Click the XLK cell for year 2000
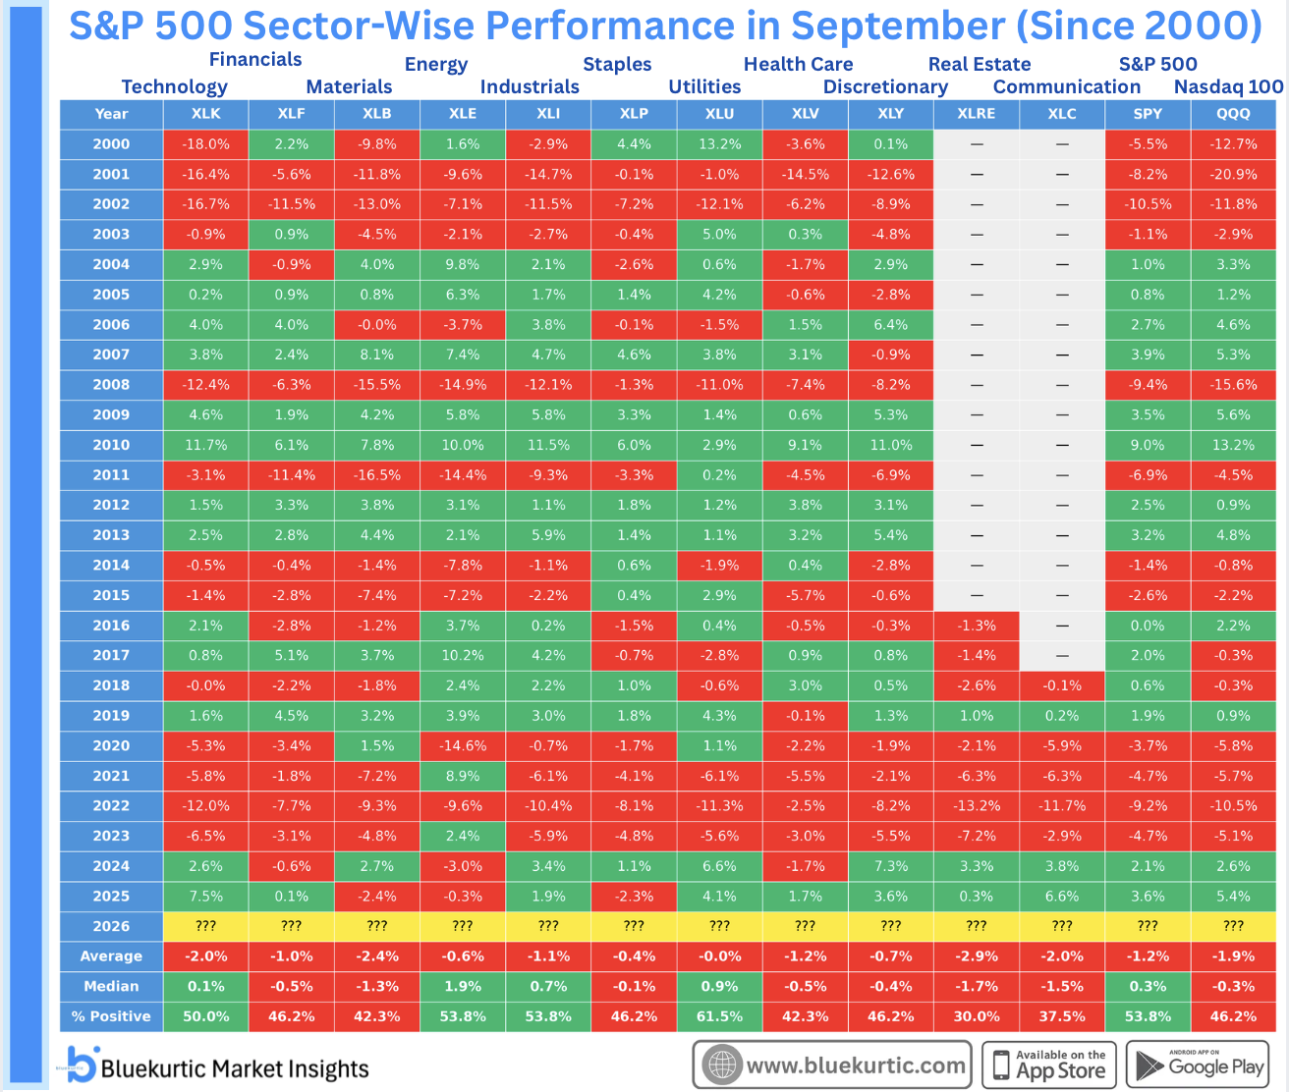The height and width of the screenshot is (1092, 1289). (x=205, y=144)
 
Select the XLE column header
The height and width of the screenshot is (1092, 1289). (x=463, y=114)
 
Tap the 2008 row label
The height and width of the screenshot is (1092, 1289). (x=111, y=385)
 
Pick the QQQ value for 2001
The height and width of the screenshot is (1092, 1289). (x=1233, y=174)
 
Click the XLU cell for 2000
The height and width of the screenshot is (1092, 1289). (x=719, y=144)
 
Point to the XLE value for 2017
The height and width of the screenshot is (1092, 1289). (x=463, y=656)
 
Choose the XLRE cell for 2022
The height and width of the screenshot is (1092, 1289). (x=976, y=806)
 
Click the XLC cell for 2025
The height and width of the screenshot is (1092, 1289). (x=1062, y=897)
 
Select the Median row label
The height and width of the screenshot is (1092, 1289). (x=111, y=986)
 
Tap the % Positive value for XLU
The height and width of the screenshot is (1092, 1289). (x=719, y=1016)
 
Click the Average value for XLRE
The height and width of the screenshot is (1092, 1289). (x=976, y=956)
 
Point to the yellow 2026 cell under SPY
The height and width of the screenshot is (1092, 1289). (x=1148, y=926)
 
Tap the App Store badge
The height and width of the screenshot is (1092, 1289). (x=1049, y=1065)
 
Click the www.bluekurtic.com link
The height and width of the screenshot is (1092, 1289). (x=832, y=1065)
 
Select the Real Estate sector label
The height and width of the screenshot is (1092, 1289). (x=980, y=64)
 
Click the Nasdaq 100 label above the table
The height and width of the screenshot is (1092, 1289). (x=1228, y=86)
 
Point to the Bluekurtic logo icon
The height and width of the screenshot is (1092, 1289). (x=82, y=1065)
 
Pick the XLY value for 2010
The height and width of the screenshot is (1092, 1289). (x=890, y=445)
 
